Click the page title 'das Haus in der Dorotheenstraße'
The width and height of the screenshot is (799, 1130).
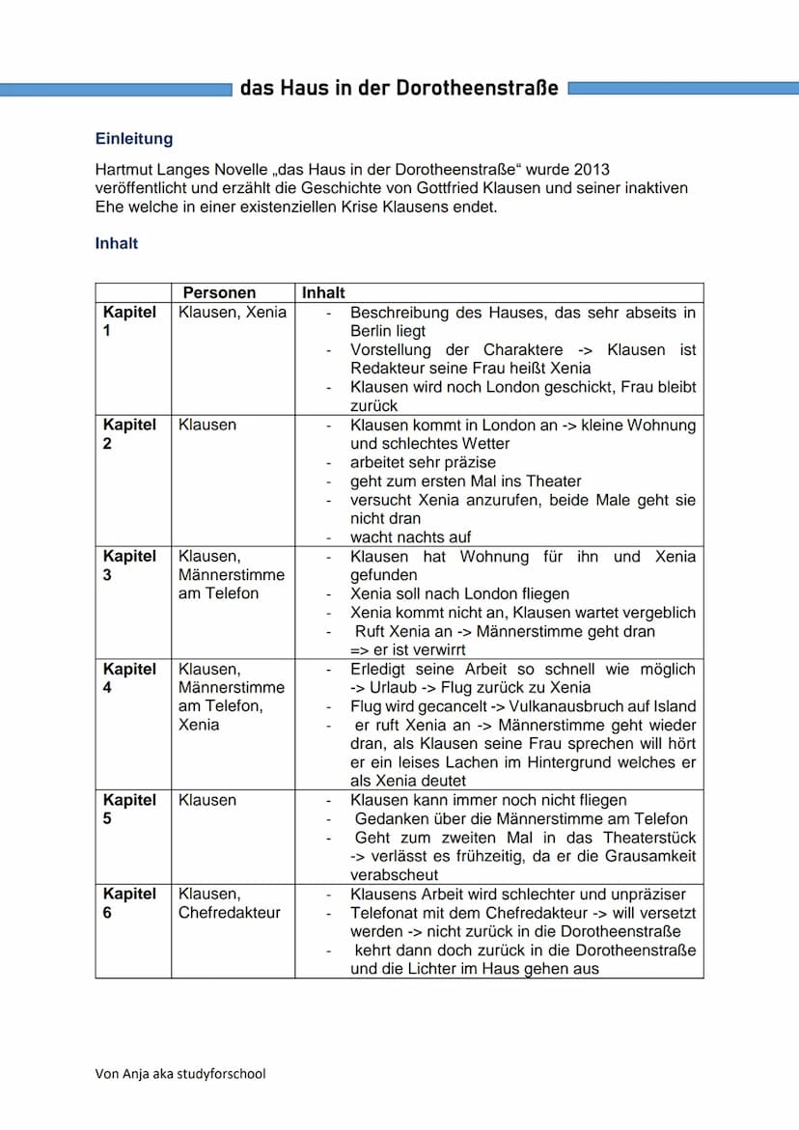click(399, 89)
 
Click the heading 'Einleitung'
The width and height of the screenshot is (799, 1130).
click(133, 139)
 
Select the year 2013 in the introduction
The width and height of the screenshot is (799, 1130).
click(590, 169)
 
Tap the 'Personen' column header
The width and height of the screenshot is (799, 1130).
click(219, 292)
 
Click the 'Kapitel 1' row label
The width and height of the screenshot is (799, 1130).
click(129, 321)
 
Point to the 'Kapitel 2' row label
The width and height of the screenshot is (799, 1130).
click(129, 434)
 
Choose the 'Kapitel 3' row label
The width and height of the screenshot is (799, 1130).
click(129, 565)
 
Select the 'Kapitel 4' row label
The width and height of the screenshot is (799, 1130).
click(129, 678)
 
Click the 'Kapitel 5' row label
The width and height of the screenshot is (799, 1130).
click(129, 810)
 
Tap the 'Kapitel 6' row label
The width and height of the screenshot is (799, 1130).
click(129, 903)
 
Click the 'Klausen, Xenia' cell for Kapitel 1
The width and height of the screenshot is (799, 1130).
click(232, 313)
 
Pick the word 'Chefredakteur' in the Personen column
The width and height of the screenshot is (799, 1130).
click(229, 913)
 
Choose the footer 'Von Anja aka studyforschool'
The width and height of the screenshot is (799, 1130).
click(179, 1074)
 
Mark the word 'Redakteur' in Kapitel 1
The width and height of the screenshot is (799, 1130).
click(385, 369)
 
